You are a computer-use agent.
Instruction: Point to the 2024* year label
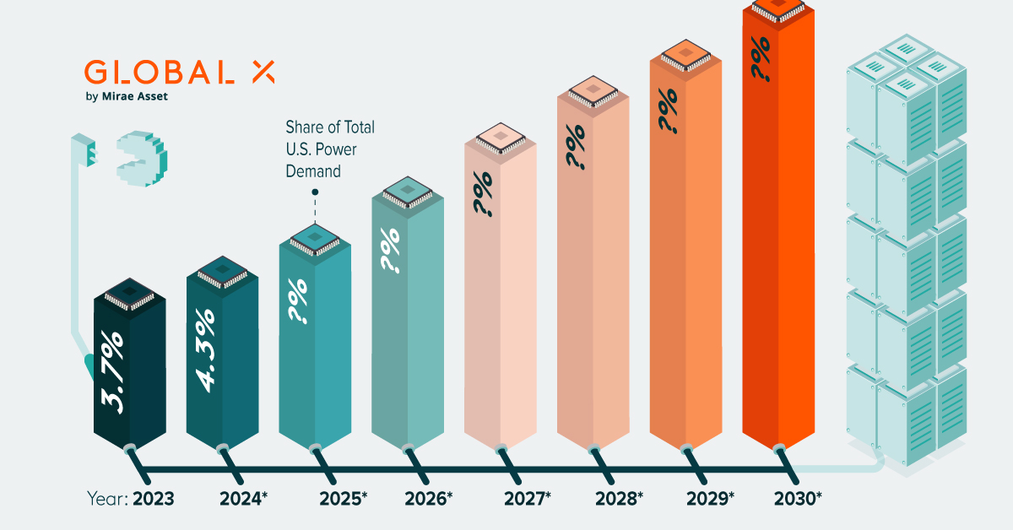243,499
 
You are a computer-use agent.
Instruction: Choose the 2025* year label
343,499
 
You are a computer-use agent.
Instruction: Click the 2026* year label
428,499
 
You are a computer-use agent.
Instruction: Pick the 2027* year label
527,499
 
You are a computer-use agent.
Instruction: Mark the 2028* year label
618,499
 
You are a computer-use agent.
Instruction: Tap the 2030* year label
798,499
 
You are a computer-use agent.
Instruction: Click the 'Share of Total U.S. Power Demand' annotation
329,149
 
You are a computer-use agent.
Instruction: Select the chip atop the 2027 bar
500,137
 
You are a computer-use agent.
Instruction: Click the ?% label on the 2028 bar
577,148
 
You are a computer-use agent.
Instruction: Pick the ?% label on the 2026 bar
390,251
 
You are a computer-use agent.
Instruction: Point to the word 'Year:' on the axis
106,499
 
